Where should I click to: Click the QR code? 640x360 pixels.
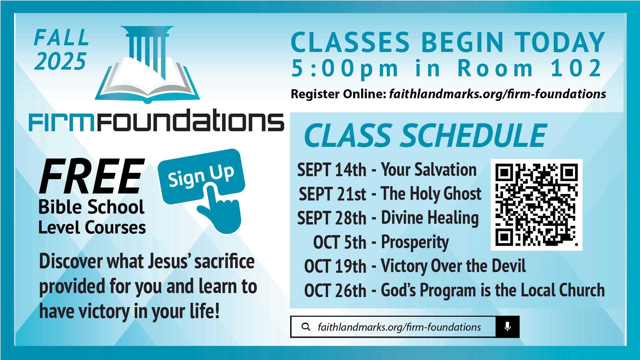536,204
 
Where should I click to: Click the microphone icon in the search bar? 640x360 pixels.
507,327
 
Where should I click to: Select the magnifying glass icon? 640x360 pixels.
306,327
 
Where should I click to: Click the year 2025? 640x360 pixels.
60,61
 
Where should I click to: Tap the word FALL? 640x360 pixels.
62,37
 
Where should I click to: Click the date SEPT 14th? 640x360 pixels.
331,170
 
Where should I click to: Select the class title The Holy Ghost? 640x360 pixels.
431,194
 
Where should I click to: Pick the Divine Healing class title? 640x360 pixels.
430,218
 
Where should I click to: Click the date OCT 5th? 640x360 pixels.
339,242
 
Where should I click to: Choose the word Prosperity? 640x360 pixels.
415,243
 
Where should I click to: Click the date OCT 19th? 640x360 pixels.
335,266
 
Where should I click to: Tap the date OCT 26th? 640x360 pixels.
335,290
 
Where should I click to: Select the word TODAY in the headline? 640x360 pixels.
559,42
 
